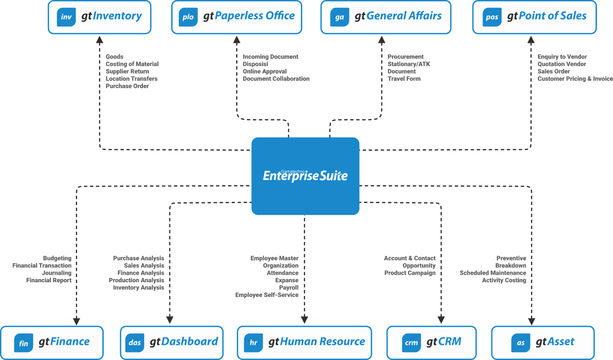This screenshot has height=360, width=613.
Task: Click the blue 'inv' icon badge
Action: pos(66,17)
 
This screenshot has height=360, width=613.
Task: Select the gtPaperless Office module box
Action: pos(236,17)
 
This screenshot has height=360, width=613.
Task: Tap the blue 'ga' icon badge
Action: pos(340,17)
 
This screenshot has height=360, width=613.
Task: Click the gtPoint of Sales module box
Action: pos(534,17)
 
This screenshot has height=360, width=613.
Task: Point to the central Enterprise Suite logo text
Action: pos(305,176)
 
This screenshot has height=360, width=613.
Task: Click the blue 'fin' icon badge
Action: pos(24,343)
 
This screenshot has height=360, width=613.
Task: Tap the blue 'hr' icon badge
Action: pos(253,343)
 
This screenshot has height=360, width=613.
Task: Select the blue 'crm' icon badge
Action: pos(412,343)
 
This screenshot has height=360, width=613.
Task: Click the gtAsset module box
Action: pos(543,343)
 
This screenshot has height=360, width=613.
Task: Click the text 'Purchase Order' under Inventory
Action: pos(127,86)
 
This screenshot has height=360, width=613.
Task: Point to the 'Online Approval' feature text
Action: pos(265,72)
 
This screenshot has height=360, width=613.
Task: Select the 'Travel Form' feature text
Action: pos(404,79)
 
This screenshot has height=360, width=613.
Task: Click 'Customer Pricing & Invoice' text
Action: pos(575,79)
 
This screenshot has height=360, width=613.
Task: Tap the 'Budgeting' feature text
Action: pos(57,258)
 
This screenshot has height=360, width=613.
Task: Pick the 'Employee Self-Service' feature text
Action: pos(267,295)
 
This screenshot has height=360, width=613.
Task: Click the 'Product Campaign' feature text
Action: pos(410,273)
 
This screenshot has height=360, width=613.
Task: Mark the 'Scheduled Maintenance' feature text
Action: pos(493,273)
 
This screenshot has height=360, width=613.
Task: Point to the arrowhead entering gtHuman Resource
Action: pos(305,320)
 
